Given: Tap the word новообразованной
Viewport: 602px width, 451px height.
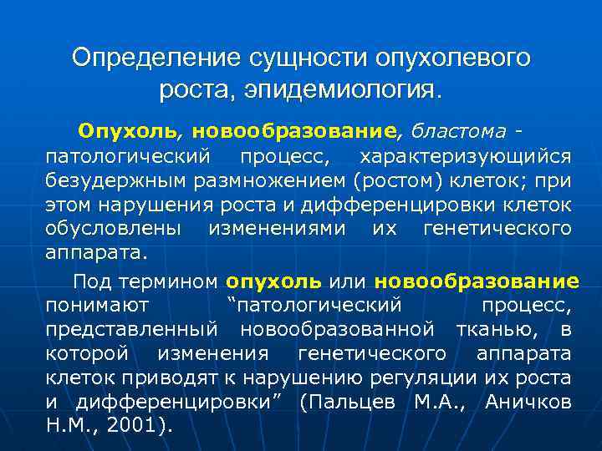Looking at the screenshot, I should point(338,330).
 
